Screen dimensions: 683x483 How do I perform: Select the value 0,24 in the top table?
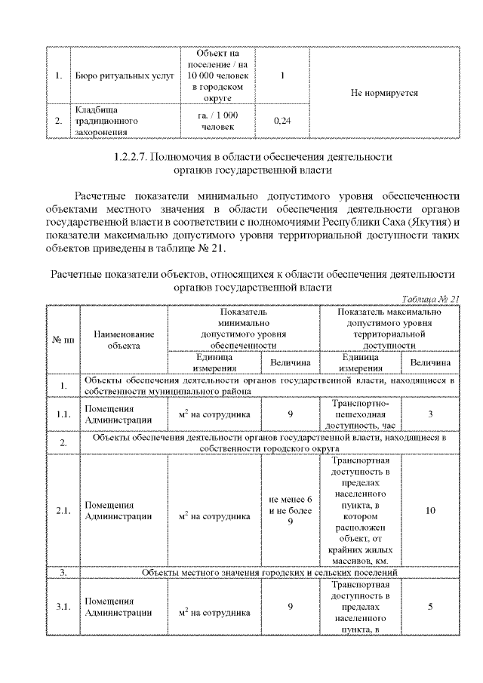(x=282, y=121)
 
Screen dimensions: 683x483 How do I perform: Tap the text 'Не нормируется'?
(x=384, y=93)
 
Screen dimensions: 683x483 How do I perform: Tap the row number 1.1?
(x=63, y=414)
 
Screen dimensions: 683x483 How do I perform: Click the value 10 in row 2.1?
(x=429, y=510)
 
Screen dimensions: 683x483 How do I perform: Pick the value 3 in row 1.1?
(x=429, y=414)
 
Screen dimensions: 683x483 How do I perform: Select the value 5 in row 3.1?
(x=429, y=606)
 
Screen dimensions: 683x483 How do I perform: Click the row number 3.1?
(x=63, y=606)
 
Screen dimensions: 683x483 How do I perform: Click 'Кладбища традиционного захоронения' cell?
(x=106, y=120)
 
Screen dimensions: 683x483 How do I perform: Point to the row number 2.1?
(x=63, y=510)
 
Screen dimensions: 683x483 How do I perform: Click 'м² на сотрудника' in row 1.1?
(x=214, y=414)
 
